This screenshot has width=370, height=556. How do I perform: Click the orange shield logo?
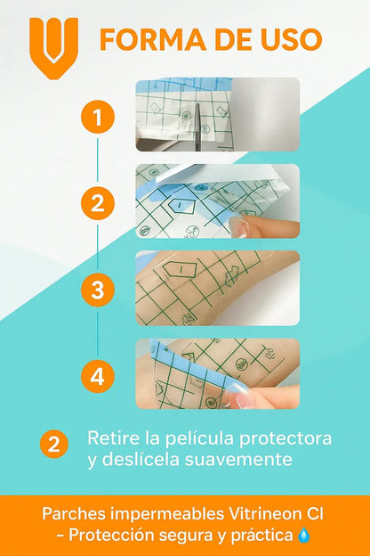pyautogui.click(x=54, y=49)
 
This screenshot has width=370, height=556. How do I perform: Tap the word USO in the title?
pyautogui.click(x=292, y=39)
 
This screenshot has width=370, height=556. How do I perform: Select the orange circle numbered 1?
pyautogui.click(x=98, y=117)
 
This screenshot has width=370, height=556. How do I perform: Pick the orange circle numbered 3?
pyautogui.click(x=98, y=290)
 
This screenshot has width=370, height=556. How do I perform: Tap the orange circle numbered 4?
pyautogui.click(x=98, y=376)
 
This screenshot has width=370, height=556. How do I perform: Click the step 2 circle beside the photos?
pyautogui.click(x=98, y=203)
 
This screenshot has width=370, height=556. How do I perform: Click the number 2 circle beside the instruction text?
pyautogui.click(x=54, y=444)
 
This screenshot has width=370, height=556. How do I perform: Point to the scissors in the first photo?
pyautogui.click(x=197, y=126)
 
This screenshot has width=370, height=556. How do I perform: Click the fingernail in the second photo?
pyautogui.click(x=239, y=226)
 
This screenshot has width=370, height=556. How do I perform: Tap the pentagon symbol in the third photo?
pyautogui.click(x=180, y=269)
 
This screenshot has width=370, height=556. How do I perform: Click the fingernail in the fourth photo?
pyautogui.click(x=239, y=399)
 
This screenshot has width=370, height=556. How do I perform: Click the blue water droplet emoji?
pyautogui.click(x=304, y=536)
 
